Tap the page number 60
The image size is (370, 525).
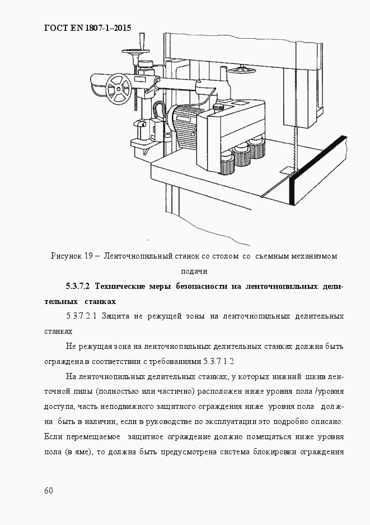pos(48,491)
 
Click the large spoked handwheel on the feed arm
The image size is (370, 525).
pos(118,89)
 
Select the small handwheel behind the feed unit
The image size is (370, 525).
pos(242,70)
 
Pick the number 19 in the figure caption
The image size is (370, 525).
pos(88,256)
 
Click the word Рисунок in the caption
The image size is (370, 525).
pos(65,256)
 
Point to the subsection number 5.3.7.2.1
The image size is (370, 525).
pos(82,317)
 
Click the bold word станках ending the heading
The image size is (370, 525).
pos(100,301)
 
